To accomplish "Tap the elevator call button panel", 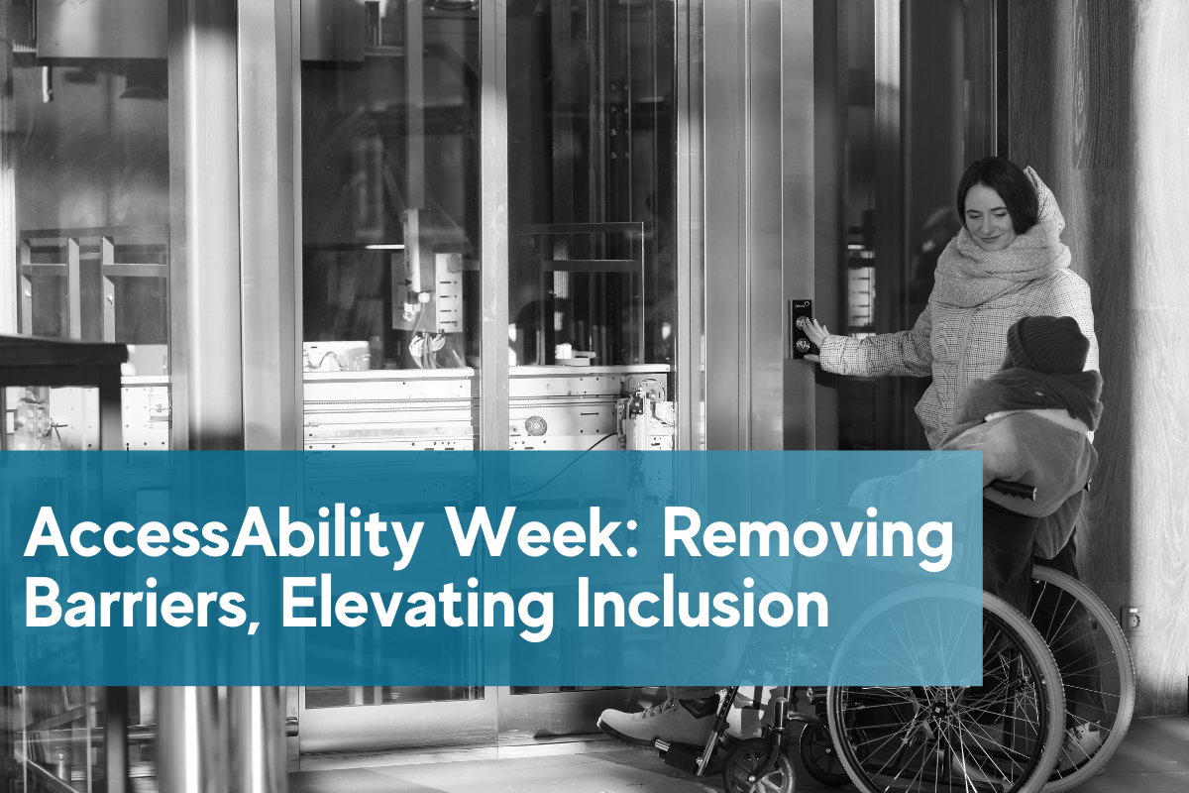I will pos(801,327).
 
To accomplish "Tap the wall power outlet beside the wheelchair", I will pos(1131,619).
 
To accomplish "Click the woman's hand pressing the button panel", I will pos(814,335).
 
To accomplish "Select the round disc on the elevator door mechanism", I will pos(536,425).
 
